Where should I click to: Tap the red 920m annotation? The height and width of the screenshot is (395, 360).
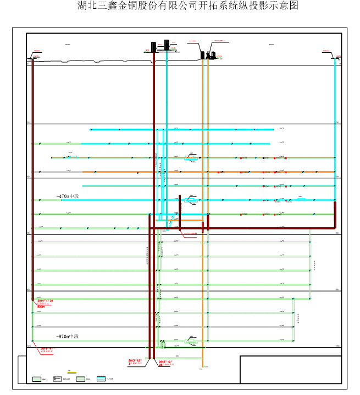41,306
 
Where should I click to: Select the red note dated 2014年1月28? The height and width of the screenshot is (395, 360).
45,300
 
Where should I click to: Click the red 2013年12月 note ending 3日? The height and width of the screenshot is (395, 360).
135,363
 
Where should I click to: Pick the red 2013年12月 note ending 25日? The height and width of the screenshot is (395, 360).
166,363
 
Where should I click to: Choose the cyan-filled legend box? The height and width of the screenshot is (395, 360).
101,378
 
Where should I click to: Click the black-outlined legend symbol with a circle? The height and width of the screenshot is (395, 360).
58,378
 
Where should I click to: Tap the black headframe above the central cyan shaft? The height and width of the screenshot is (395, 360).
165,44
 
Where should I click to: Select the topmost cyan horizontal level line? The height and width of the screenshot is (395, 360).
181,129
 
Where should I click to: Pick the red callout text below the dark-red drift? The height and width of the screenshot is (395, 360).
190,234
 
